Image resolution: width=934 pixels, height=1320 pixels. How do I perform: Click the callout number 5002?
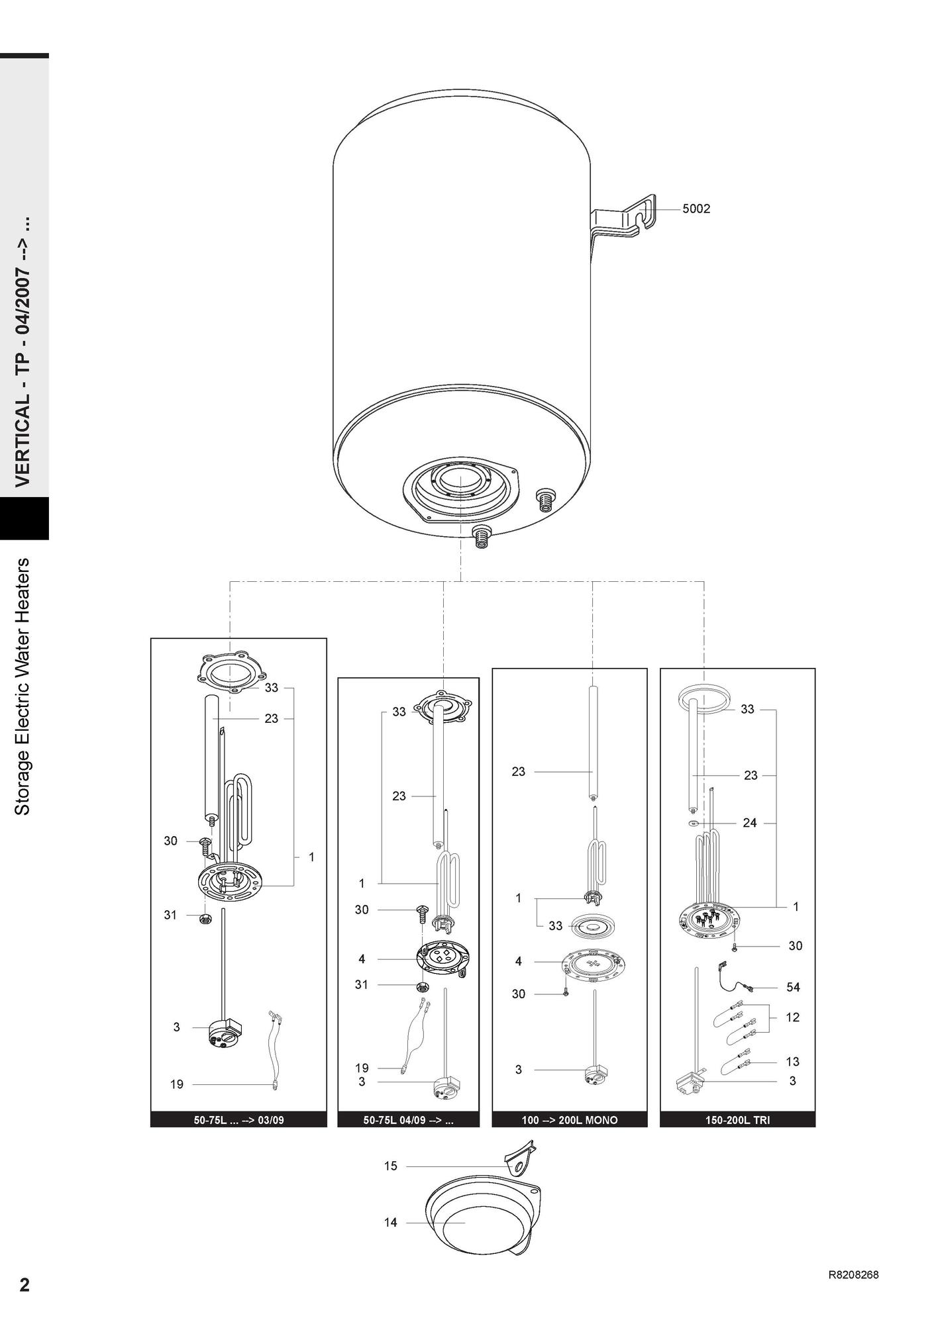pyautogui.click(x=696, y=209)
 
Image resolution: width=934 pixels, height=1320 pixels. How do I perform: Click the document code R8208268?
pyautogui.click(x=854, y=1275)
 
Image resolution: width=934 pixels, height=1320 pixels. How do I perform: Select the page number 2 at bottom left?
pyautogui.click(x=25, y=1284)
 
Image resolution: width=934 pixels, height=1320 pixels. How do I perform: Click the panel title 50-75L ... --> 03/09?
pyautogui.click(x=238, y=1120)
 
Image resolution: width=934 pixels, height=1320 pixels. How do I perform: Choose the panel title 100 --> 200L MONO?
pyautogui.click(x=570, y=1120)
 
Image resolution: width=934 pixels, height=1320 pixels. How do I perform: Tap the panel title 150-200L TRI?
pyautogui.click(x=737, y=1120)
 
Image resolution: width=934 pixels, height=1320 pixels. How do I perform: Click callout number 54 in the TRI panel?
pyautogui.click(x=793, y=987)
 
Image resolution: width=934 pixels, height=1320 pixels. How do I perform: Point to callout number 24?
pyautogui.click(x=750, y=823)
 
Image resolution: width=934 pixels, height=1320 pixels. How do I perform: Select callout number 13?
pyautogui.click(x=792, y=1061)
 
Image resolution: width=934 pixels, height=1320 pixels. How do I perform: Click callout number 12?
pyautogui.click(x=792, y=1017)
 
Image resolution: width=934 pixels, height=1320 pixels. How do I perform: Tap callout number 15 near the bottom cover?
pyautogui.click(x=391, y=1166)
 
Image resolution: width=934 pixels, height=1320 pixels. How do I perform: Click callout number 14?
pyautogui.click(x=391, y=1222)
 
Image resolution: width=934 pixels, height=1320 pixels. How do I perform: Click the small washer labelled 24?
pyautogui.click(x=692, y=824)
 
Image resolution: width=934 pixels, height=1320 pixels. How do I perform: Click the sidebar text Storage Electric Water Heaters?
pyautogui.click(x=23, y=686)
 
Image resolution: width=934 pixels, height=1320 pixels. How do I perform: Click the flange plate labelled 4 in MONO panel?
pyautogui.click(x=594, y=963)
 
